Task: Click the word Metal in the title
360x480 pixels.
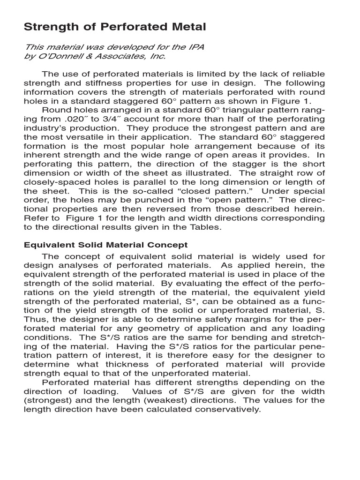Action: (x=188, y=27)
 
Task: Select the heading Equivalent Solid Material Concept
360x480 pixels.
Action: (x=105, y=245)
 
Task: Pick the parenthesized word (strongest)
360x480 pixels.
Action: (x=47, y=400)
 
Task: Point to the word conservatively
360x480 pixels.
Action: (x=229, y=409)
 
